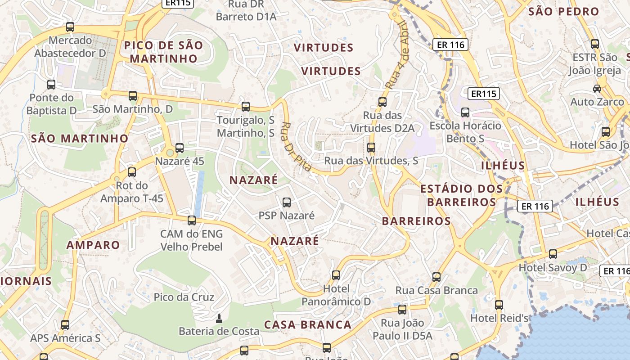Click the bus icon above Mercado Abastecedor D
(x=70, y=27)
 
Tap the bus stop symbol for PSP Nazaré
(x=286, y=202)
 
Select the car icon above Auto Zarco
(x=597, y=89)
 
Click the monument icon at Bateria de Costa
(x=219, y=319)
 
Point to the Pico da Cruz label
(x=184, y=297)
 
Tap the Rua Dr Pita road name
(x=296, y=147)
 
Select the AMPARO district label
(x=93, y=245)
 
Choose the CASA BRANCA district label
(x=307, y=325)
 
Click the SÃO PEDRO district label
(x=563, y=12)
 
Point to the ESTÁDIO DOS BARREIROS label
(x=458, y=195)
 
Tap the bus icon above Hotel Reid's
(x=499, y=305)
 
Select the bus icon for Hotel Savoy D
(x=553, y=254)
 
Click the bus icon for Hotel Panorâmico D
(x=336, y=275)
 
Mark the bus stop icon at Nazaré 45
(x=180, y=148)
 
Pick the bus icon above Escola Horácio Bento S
(x=465, y=112)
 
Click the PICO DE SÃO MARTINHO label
(x=163, y=52)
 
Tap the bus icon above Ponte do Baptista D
(x=51, y=85)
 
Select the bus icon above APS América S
(x=65, y=325)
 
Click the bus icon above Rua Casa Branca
(x=436, y=277)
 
